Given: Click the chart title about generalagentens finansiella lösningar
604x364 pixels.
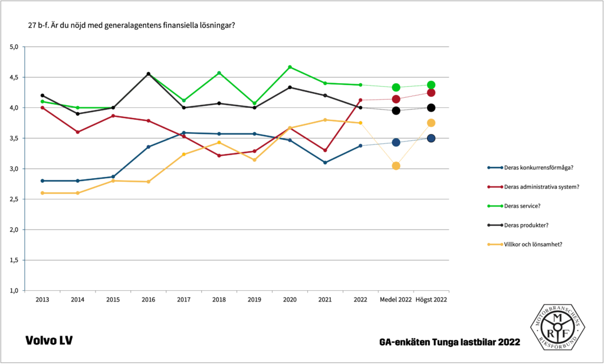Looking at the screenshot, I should [x=132, y=25].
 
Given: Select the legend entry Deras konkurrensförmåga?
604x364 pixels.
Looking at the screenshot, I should [x=537, y=168].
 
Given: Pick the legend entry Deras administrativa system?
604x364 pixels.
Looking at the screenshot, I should [x=540, y=187].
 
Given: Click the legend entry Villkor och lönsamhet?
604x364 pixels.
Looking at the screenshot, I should [x=533, y=244].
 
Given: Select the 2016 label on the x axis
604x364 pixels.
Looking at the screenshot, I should [x=148, y=300].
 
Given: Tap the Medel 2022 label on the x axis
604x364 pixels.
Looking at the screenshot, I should [x=396, y=300].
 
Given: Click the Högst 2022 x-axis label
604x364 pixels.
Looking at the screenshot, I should [x=431, y=300].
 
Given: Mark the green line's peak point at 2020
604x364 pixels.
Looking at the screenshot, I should [x=290, y=67].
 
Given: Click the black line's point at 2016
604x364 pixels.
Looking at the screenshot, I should [x=148, y=74].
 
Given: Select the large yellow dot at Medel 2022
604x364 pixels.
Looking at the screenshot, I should [x=396, y=166].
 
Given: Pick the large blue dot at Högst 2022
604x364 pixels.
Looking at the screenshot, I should [x=431, y=138].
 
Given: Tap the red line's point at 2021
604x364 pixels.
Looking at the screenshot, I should [x=325, y=150].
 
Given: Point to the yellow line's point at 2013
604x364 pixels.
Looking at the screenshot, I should [x=42, y=193].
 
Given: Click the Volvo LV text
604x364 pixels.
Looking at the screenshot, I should [x=49, y=341].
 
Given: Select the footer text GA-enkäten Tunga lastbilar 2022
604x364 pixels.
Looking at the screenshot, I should [x=450, y=342].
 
